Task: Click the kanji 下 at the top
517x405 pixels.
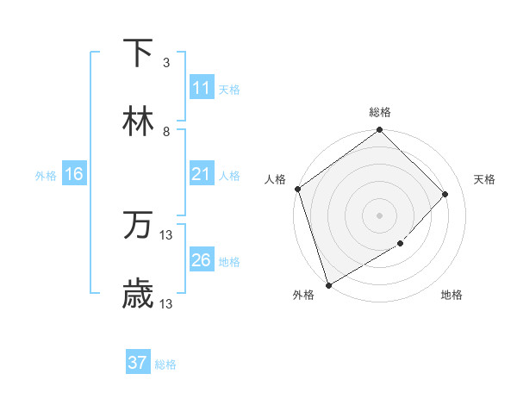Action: [138, 53]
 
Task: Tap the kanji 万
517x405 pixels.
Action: [138, 226]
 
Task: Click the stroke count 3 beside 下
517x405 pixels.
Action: [166, 63]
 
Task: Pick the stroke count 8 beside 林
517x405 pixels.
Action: [166, 132]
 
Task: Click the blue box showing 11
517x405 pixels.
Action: [202, 88]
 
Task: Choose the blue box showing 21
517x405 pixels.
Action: [202, 174]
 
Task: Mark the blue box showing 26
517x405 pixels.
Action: [202, 260]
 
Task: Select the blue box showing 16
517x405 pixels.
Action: [74, 174]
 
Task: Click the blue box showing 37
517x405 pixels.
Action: [138, 363]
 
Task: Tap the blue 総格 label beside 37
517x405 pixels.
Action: [165, 364]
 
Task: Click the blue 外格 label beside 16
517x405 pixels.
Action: [46, 176]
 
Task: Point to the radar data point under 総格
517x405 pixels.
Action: [379, 131]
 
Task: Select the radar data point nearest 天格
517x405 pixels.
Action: [445, 194]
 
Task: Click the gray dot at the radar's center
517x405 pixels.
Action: [379, 215]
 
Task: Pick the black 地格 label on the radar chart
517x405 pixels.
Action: [452, 296]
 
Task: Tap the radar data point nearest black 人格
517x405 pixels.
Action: [297, 189]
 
